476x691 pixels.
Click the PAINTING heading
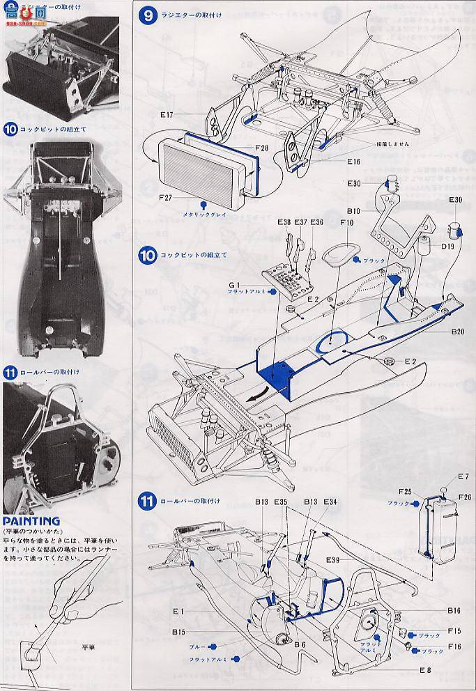(31, 520)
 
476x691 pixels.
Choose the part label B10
(353, 210)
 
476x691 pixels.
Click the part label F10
(347, 224)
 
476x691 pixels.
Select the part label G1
(234, 284)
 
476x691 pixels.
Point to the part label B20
(457, 332)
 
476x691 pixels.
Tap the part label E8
(427, 669)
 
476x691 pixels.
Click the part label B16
(455, 610)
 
